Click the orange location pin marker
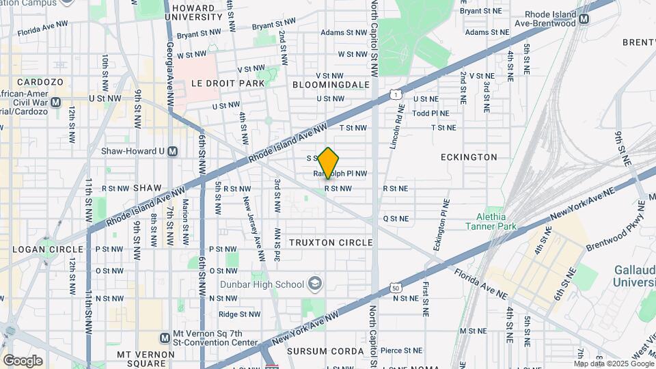tap(329, 163)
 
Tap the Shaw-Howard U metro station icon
tap(173, 151)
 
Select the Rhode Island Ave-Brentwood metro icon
tap(584, 20)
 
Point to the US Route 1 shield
tap(395, 94)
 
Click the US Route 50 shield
tap(396, 288)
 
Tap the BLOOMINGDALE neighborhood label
tap(331, 85)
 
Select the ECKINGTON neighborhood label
tap(469, 157)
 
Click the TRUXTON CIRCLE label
tap(331, 243)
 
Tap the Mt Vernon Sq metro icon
tap(165, 338)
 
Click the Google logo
tap(22, 360)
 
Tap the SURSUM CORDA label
tap(325, 351)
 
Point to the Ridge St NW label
tap(239, 314)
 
